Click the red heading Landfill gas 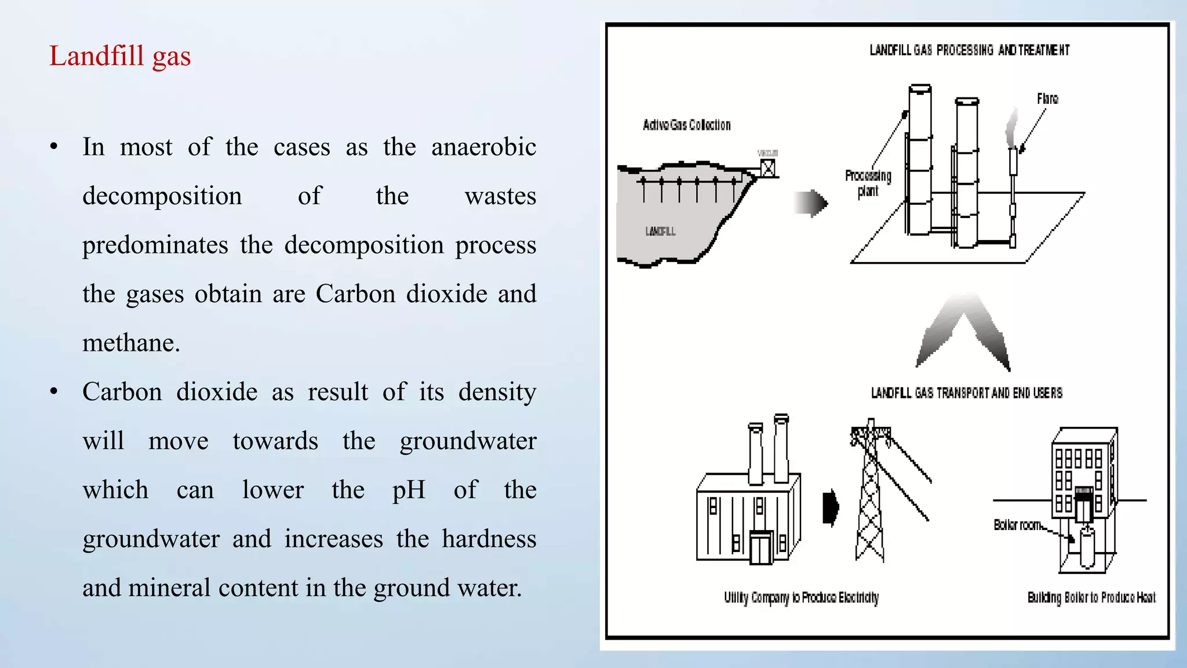point(120,56)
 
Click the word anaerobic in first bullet point(483,147)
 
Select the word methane point(131,343)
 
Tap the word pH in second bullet point(409,490)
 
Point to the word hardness point(489,539)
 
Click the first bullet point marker point(54,147)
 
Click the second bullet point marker point(54,392)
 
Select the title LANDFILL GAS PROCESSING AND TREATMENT point(969,50)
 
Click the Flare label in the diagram point(1047,99)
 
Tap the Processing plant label point(868,183)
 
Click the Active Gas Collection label point(686,125)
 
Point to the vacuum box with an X point(767,169)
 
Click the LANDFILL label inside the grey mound point(660,231)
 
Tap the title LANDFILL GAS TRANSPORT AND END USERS point(966,393)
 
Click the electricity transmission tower point(870,493)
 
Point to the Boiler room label point(1018,525)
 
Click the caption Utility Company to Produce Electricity point(801,598)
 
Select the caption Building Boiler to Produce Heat point(1091,598)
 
